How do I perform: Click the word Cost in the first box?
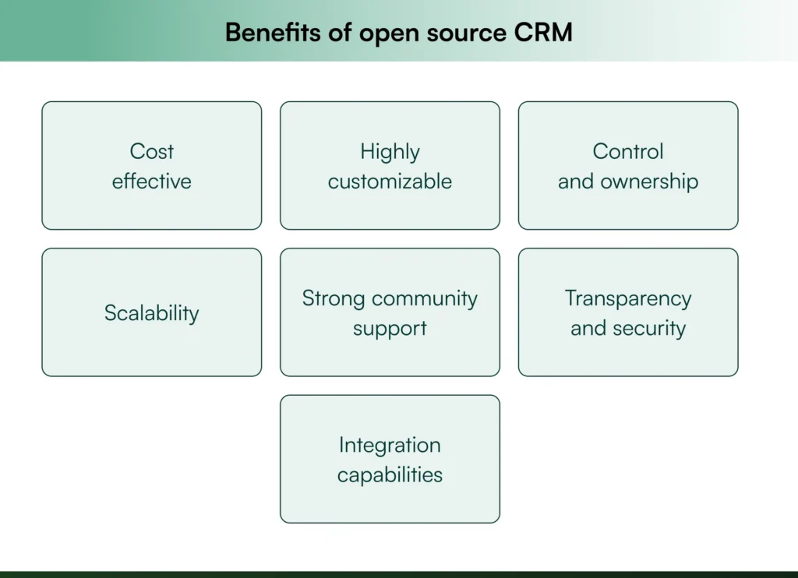[x=152, y=151]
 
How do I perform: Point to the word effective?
[x=152, y=182]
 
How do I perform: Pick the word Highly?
[x=390, y=152]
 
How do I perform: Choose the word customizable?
[x=390, y=182]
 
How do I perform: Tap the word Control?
[x=628, y=151]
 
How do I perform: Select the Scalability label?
[x=152, y=313]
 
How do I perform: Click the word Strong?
[x=334, y=298]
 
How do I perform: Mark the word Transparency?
[x=628, y=299]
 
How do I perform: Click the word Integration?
[x=390, y=446]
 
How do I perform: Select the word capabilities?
[x=390, y=475]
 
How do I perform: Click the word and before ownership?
[x=576, y=182]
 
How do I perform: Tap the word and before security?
[x=588, y=328]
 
